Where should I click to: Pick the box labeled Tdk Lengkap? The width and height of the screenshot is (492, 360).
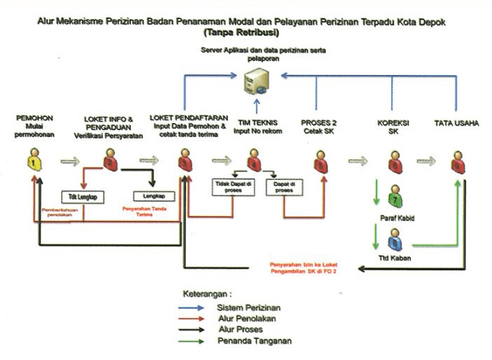(83, 196)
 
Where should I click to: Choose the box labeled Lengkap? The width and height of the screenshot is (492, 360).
(150, 196)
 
